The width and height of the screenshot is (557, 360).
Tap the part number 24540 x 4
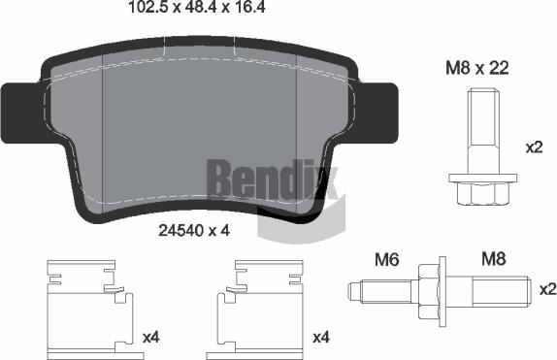coord(192,231)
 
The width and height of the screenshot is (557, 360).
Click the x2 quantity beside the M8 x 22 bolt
coord(535,147)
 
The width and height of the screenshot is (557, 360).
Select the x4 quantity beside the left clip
coord(150,339)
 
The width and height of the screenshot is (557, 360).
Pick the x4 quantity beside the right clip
coord(321,339)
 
